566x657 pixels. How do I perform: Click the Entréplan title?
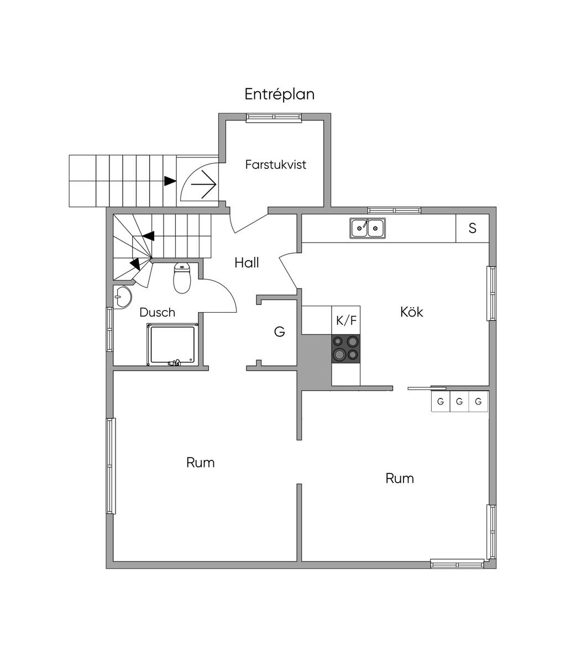(x=280, y=94)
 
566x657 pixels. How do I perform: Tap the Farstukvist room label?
(x=276, y=165)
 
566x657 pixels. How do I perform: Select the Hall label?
(x=247, y=262)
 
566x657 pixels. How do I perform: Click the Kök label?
(x=412, y=312)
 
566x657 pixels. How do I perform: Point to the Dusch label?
(x=157, y=312)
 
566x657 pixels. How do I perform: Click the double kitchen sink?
(x=368, y=228)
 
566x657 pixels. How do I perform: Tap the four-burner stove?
(x=346, y=349)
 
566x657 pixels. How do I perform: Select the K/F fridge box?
(x=346, y=320)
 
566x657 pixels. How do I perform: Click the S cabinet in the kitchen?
(x=472, y=228)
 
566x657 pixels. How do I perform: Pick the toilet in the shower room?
(x=182, y=278)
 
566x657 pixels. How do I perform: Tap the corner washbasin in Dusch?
(x=122, y=297)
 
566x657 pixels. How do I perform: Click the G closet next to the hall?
(x=280, y=332)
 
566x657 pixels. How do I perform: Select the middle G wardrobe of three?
(x=459, y=402)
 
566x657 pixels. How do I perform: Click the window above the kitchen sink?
(x=394, y=210)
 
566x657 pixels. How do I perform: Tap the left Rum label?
(x=200, y=462)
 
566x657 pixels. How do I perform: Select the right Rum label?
(x=399, y=478)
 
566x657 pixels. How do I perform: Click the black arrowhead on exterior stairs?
(x=170, y=181)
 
